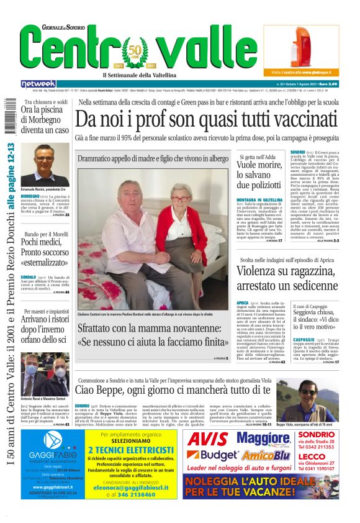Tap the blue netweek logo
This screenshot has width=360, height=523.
(x=38, y=83)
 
